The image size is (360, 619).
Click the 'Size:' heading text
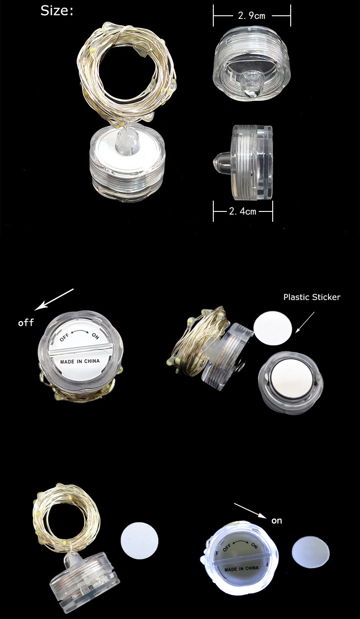57,11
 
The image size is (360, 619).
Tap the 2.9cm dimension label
252,15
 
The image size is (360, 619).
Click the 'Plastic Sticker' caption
311,297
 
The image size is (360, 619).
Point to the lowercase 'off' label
26,323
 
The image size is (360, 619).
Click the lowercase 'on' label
276,521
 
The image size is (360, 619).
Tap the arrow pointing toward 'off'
54,300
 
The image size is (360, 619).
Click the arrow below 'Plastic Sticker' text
305,323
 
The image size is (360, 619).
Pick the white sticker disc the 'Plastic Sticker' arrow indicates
273,328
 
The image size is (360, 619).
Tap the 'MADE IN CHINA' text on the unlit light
80,361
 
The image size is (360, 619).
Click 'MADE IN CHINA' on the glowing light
241,567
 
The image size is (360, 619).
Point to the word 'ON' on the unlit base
95,336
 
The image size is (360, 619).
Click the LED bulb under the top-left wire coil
126,138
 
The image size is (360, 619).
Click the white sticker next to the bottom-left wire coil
139,541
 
